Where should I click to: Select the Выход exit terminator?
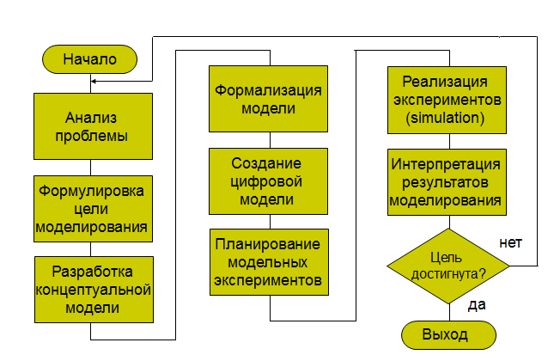(x=447, y=333)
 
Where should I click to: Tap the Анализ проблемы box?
(x=93, y=127)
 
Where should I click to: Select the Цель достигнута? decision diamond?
(x=447, y=266)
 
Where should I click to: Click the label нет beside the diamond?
(x=511, y=243)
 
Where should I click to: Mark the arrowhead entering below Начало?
(x=93, y=82)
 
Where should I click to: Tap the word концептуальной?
(x=93, y=288)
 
